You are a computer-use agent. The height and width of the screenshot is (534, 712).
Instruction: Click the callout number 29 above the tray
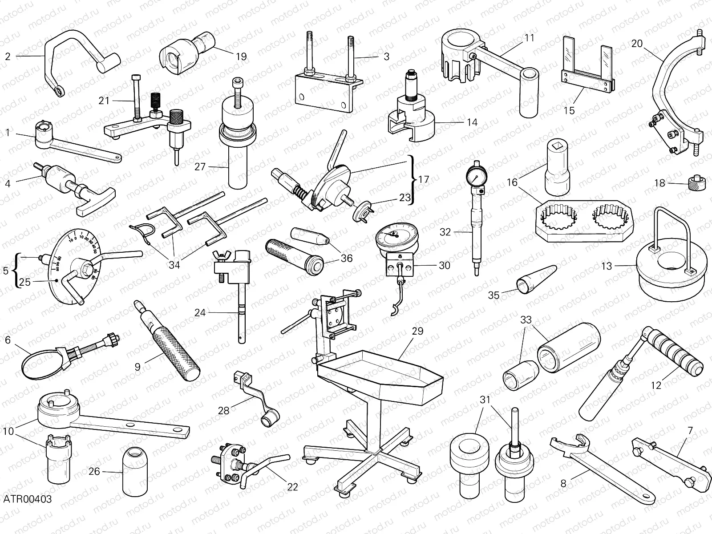click(x=417, y=331)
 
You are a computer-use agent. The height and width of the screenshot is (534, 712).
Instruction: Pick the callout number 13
click(x=607, y=266)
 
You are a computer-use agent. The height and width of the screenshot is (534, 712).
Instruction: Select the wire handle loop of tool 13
click(x=672, y=227)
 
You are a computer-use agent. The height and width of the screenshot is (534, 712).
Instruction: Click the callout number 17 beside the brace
click(x=424, y=179)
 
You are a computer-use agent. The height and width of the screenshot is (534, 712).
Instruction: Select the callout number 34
click(x=174, y=265)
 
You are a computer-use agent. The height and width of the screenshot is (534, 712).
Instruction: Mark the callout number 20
click(x=637, y=44)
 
